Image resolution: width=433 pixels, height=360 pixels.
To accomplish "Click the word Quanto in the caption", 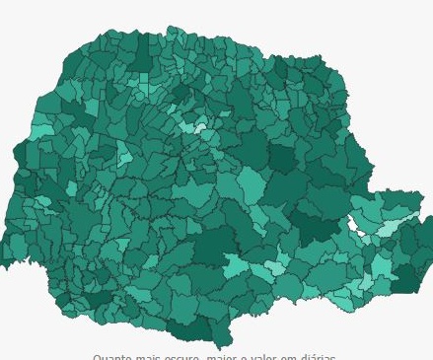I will (x=111, y=357).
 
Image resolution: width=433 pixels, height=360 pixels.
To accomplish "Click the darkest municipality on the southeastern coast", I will (x=406, y=278).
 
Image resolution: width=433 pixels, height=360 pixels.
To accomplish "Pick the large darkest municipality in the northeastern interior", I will (x=283, y=158).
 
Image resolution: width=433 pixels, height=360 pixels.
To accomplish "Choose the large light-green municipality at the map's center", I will (x=250, y=183).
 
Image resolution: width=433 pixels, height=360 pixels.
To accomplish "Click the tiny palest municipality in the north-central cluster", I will (x=200, y=127).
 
